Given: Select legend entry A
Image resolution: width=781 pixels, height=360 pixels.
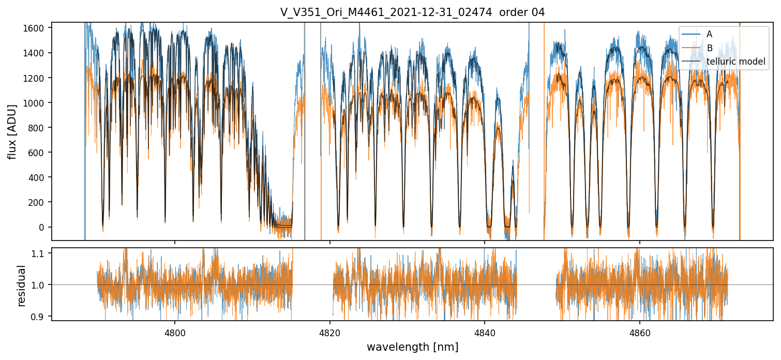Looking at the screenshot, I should pyautogui.click(x=709, y=34).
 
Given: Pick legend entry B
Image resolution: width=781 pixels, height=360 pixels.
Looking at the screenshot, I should pyautogui.click(x=710, y=48).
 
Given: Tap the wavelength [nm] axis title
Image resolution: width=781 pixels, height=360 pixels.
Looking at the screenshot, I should pyautogui.click(x=412, y=347).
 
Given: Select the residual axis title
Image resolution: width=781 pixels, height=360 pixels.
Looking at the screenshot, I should pyautogui.click(x=21, y=286).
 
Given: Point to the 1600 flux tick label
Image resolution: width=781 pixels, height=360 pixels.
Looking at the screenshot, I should pyautogui.click(x=36, y=28).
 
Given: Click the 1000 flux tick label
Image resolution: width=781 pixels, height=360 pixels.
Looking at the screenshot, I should pyautogui.click(x=36, y=103).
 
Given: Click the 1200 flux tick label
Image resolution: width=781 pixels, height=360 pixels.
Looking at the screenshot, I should pyautogui.click(x=36, y=78).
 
